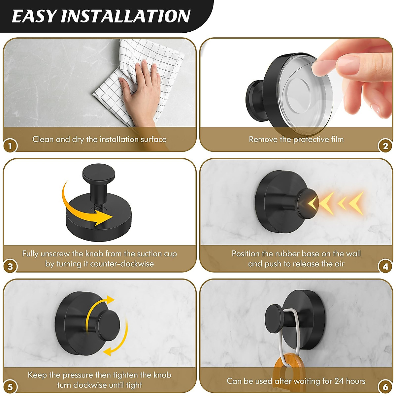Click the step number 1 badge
pyautogui.click(x=10, y=146)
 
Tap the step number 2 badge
pyautogui.click(x=385, y=146)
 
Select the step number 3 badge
pyautogui.click(x=10, y=266)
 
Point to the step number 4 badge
pyautogui.click(x=385, y=266)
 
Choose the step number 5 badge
pyautogui.click(x=10, y=387)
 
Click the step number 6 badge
pyautogui.click(x=385, y=387)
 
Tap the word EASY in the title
pyautogui.click(x=34, y=16)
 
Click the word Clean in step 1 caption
pyautogui.click(x=43, y=139)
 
